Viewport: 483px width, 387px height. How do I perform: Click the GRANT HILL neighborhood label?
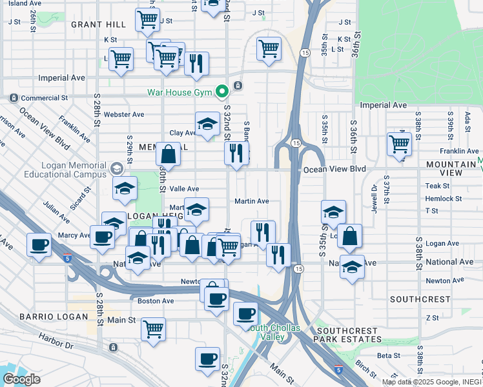tap(98, 25)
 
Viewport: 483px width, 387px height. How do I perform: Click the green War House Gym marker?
tap(223, 92)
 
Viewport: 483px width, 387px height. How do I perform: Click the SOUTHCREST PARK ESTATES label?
tap(345, 335)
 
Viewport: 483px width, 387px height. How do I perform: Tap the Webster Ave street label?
tap(128, 114)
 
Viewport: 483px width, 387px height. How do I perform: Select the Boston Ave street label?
tap(156, 301)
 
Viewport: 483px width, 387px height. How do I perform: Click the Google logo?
tap(21, 379)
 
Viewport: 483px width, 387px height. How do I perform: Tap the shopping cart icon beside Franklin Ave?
tap(400, 143)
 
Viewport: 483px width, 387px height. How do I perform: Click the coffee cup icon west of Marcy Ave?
tap(39, 244)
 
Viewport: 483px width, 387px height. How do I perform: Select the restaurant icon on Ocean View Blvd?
tap(237, 154)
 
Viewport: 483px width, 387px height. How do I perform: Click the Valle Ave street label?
tap(184, 189)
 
